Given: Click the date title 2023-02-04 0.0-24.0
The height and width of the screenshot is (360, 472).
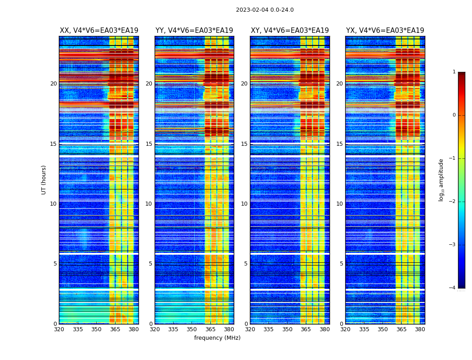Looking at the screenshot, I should [265, 10].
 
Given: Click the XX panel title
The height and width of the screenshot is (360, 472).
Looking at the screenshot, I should [99, 31].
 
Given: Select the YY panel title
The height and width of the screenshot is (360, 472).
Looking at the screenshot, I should [194, 31].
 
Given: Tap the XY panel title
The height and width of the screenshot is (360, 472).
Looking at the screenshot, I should [289, 31].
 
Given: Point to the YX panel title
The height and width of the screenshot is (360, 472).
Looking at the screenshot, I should [385, 31].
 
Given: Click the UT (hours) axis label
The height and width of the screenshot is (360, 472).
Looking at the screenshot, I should [44, 180].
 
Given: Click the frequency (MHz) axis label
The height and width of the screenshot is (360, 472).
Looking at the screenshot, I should [217, 338].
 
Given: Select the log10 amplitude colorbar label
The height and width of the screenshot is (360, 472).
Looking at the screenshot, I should [441, 180].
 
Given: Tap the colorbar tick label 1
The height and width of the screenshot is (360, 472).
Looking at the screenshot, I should [454, 72].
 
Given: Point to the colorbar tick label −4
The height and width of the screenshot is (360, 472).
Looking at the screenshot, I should [453, 288].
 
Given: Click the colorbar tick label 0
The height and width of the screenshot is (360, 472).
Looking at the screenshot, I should [454, 115].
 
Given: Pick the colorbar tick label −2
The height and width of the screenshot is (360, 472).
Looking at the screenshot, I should [453, 202].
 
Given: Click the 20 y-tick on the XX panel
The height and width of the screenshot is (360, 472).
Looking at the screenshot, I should [53, 84].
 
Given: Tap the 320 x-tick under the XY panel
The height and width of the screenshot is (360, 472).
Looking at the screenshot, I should [250, 329].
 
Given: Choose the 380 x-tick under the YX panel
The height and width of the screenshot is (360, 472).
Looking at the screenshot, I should [420, 329].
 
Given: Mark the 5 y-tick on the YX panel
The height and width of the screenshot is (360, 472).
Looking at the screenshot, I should [341, 264].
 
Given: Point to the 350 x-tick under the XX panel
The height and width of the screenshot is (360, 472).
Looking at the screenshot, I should [96, 329].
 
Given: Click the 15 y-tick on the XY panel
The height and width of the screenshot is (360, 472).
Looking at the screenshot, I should [244, 144].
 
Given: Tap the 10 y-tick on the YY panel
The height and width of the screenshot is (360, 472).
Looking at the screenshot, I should [149, 204].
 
